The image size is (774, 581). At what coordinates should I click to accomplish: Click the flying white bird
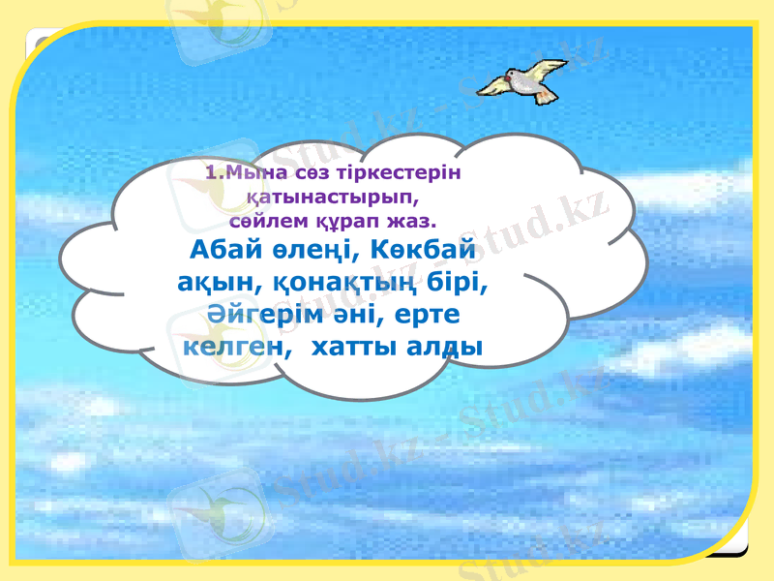tap(523, 80)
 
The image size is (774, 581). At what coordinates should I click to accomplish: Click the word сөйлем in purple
tap(275, 219)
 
